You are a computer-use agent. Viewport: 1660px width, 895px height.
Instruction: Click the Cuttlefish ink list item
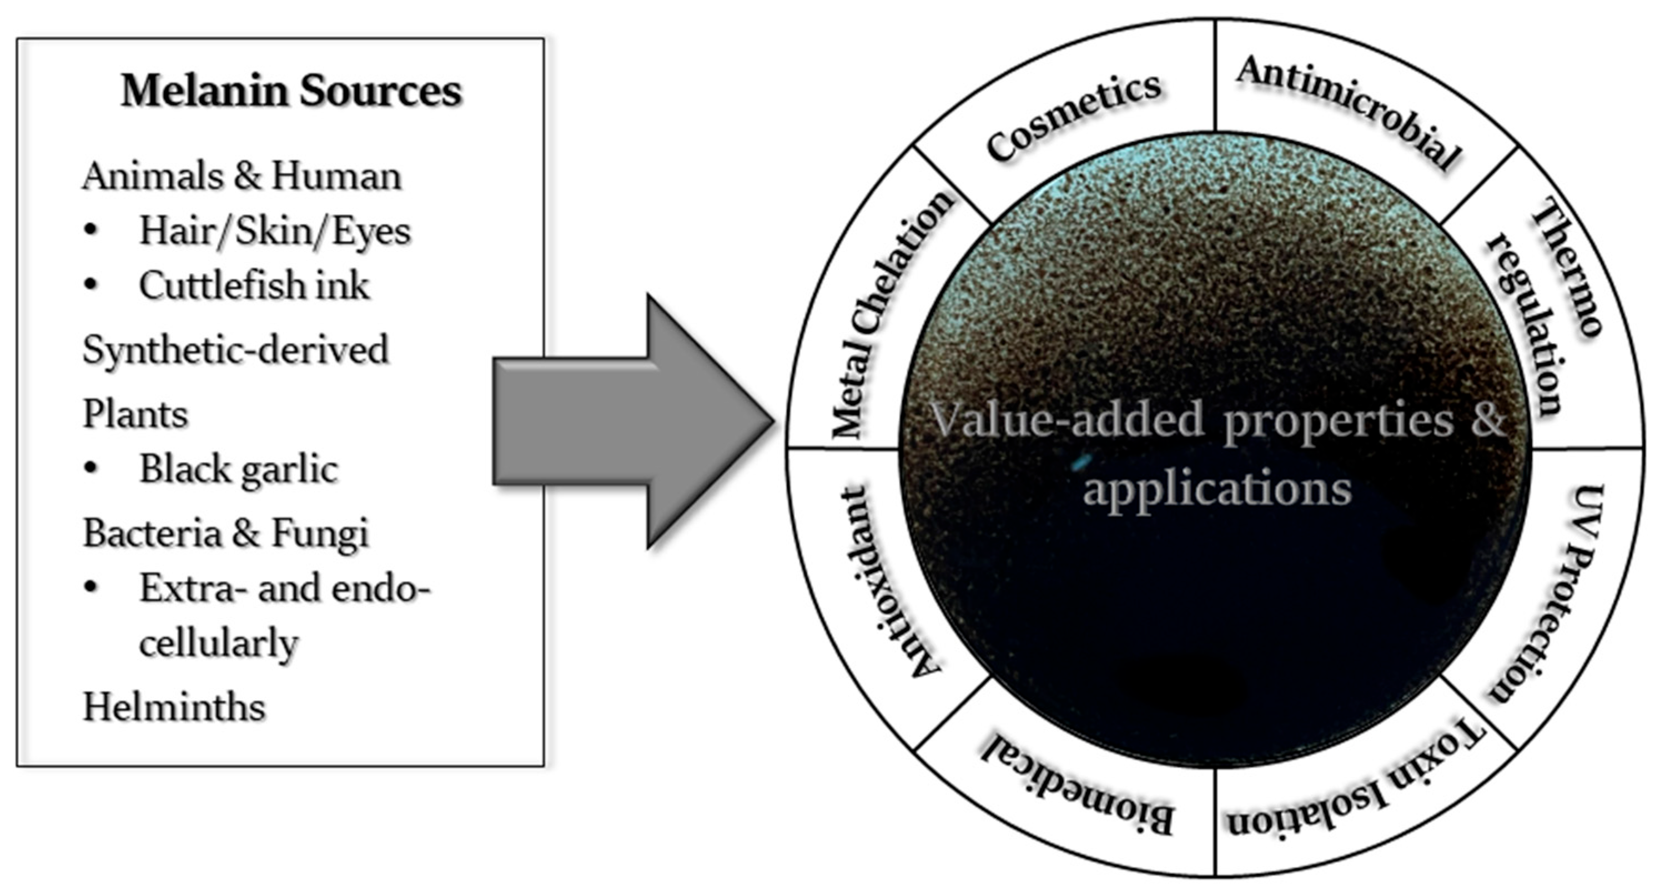[x=254, y=285]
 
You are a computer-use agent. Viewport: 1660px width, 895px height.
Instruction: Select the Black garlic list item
[x=238, y=469]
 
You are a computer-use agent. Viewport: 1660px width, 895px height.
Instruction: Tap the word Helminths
[x=174, y=707]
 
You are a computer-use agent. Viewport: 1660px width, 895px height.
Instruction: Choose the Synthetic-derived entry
[x=236, y=350]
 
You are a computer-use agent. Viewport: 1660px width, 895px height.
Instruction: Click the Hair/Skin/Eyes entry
[x=274, y=230]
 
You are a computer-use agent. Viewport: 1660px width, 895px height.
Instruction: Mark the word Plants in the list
[x=135, y=414]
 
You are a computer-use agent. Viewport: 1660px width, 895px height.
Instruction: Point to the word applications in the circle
[x=1216, y=489]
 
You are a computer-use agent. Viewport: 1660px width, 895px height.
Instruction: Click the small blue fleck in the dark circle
[x=1082, y=461]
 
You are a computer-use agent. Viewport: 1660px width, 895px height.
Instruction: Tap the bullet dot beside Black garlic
[x=91, y=469]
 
